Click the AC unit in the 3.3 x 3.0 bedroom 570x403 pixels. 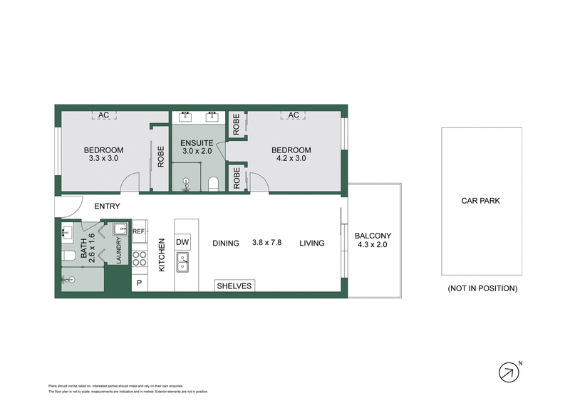103,115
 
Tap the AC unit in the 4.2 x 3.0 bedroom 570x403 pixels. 292,115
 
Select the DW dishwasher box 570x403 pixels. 182,242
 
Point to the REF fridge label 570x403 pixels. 138,231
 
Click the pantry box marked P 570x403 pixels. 138,283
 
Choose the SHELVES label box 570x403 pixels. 234,286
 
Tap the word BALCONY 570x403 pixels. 374,236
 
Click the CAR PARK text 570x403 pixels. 481,201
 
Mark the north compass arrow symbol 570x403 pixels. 507,372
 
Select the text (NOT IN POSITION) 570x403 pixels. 482,288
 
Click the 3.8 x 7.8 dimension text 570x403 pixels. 267,243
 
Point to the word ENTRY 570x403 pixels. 107,206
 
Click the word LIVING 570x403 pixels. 311,243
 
